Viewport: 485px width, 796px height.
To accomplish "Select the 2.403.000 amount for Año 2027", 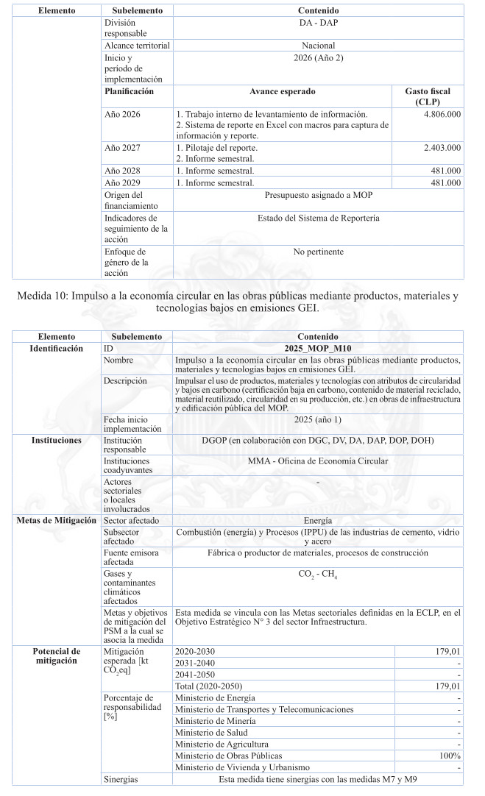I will coord(442,148).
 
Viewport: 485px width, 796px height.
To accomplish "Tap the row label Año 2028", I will coord(122,170).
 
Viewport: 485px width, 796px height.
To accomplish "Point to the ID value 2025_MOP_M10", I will coord(318,348).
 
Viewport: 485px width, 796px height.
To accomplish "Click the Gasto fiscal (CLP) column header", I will coord(428,96).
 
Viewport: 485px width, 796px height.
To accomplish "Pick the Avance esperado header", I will coord(282,92).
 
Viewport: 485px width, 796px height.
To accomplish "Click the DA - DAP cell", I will coord(318,23).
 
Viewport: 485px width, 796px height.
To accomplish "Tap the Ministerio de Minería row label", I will coord(211,721).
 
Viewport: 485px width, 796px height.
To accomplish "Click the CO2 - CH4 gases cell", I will coord(318,575).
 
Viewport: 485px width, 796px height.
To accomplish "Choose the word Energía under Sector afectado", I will coord(318,520).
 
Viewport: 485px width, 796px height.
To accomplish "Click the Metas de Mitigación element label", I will coord(56,520).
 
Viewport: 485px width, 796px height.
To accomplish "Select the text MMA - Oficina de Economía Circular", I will coord(318,461).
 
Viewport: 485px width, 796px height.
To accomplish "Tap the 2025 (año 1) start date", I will coord(318,419).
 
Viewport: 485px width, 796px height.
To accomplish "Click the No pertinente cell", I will coord(318,252).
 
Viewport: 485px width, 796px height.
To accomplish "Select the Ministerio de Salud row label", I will coord(208,733).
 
